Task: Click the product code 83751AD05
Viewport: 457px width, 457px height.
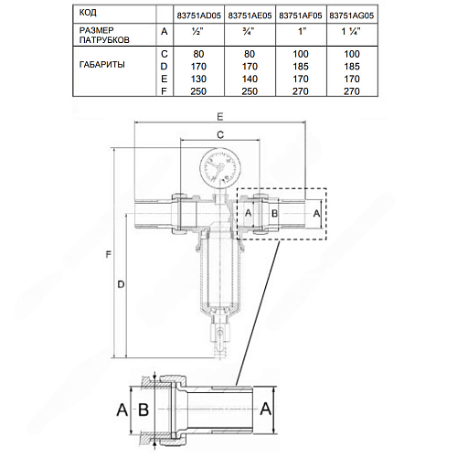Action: [198, 16]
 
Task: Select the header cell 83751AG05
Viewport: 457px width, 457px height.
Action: [352, 16]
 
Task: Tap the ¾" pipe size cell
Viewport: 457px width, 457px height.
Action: [249, 31]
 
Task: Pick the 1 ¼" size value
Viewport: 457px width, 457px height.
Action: [351, 31]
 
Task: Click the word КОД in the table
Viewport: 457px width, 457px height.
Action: [88, 13]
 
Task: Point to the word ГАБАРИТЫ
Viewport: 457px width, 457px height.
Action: [102, 65]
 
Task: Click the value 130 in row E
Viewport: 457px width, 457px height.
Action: [198, 79]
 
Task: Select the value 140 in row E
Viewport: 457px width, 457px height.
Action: [250, 79]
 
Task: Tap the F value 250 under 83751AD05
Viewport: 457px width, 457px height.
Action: [198, 91]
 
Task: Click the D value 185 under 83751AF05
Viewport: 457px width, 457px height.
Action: [301, 67]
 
